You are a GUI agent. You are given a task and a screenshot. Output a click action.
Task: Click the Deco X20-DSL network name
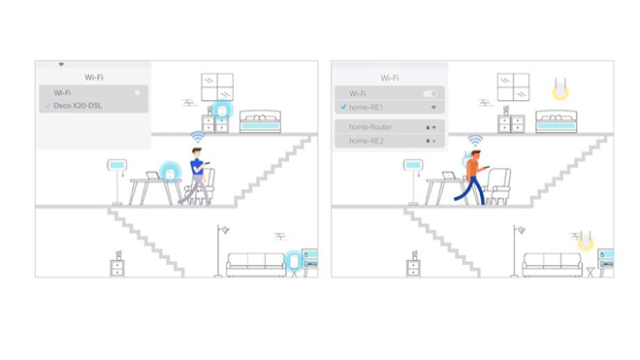pos(78,106)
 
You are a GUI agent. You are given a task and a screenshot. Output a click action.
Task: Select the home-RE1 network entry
pos(389,107)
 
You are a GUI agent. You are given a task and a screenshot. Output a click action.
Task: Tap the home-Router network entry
pos(389,127)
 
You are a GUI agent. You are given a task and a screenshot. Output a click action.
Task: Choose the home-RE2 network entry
pos(389,141)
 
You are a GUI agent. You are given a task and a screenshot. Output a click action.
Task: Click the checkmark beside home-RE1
pos(343,107)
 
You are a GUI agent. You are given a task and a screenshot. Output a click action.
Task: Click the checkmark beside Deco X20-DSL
pos(48,106)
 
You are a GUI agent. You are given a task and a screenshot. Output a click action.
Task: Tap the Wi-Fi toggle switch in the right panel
pos(431,93)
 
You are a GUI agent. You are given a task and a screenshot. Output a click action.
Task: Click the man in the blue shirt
pos(197,176)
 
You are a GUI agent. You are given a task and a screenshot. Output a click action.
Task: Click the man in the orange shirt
pos(472,177)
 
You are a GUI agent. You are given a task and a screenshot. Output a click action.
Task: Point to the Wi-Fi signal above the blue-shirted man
pos(198,137)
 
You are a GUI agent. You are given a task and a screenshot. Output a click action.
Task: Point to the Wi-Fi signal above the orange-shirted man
pos(475,140)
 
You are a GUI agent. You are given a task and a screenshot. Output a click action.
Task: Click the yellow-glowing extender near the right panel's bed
pos(560,89)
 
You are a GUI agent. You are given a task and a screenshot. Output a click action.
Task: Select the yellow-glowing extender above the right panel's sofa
pos(586,241)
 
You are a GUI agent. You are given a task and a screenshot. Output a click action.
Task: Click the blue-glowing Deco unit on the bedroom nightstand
pos(222,110)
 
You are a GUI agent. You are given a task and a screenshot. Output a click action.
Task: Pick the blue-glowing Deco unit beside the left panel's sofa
pos(294,261)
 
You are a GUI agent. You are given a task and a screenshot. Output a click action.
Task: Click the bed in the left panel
pos(261,121)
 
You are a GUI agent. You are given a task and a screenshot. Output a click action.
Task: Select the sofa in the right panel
pos(553,265)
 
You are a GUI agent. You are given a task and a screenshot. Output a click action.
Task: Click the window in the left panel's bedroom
pos(217,87)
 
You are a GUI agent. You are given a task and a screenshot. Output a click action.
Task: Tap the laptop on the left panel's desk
pos(154,176)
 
